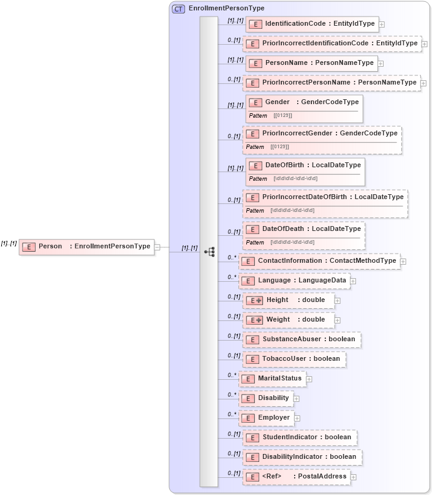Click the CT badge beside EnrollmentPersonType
point(178,9)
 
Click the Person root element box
point(86,246)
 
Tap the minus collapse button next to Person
point(157,247)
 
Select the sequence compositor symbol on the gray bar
point(210,251)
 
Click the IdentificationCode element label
point(319,24)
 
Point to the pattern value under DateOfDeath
point(292,242)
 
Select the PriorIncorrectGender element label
point(330,133)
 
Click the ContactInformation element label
point(327,261)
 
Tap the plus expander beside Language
point(353,281)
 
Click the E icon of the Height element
point(254,301)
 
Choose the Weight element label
point(295,320)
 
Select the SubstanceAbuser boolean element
point(300,339)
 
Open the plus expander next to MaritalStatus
point(309,379)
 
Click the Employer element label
point(273,418)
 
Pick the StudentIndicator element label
point(306,437)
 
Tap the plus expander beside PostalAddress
point(354,477)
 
